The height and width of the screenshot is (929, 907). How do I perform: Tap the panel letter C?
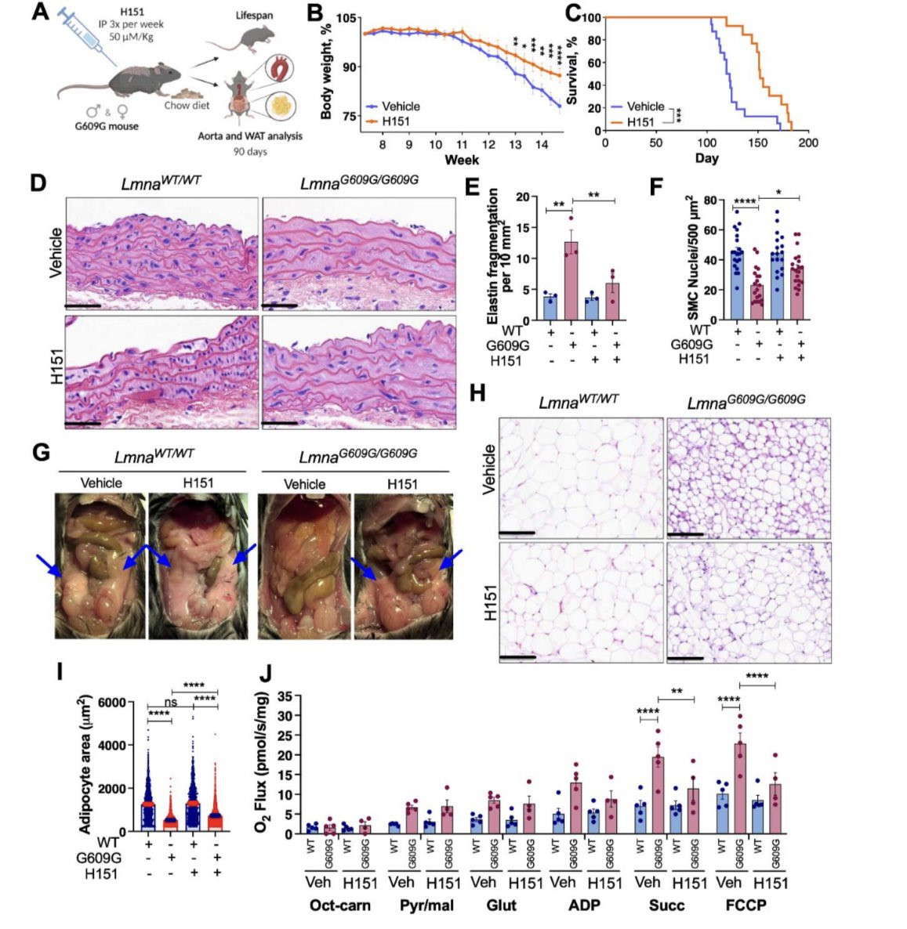click(572, 13)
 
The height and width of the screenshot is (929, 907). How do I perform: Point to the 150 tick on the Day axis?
click(758, 143)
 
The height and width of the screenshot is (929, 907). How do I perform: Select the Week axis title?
click(463, 160)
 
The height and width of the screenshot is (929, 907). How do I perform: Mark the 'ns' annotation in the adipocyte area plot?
click(170, 702)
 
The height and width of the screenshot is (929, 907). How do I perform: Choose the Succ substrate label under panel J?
click(666, 906)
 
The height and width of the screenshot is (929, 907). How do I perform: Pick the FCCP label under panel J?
click(746, 906)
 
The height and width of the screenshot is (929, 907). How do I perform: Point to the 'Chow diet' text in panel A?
click(187, 106)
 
